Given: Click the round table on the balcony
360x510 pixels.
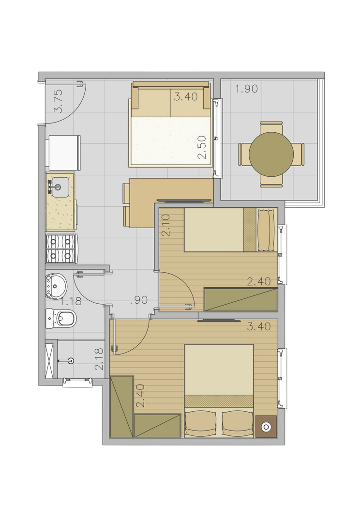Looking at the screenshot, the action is pyautogui.click(x=271, y=154).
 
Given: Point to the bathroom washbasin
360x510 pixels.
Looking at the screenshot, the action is pyautogui.click(x=56, y=286).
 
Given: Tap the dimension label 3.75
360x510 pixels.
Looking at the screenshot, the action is pyautogui.click(x=58, y=101).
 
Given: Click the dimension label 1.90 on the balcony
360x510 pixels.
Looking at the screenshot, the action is pyautogui.click(x=247, y=89).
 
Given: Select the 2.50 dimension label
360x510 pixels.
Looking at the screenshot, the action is pyautogui.click(x=202, y=147).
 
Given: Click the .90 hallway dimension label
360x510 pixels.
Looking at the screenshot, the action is pyautogui.click(x=139, y=300).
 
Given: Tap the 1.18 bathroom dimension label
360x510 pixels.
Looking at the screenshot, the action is pyautogui.click(x=71, y=301).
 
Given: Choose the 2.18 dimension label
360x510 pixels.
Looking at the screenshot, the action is pyautogui.click(x=99, y=359).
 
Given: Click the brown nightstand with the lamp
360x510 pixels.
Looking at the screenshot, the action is pyautogui.click(x=266, y=427).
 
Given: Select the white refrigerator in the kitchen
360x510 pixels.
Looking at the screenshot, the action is pyautogui.click(x=64, y=153).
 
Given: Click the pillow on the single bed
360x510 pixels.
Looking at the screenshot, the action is pyautogui.click(x=266, y=230).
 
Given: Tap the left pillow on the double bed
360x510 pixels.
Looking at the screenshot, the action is pyautogui.click(x=201, y=423).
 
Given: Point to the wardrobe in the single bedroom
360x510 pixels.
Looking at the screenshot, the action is pyautogui.click(x=240, y=300).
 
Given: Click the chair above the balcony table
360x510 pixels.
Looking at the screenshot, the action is pyautogui.click(x=271, y=127).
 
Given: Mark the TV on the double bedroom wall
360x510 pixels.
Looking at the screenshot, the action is pyautogui.click(x=219, y=321).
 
